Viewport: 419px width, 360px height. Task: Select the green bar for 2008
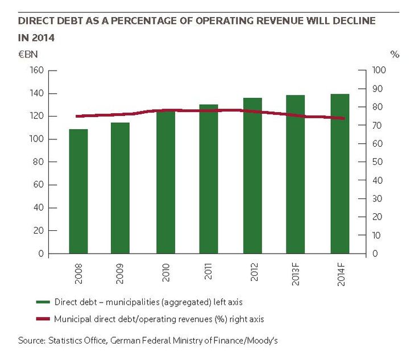tap(78, 191)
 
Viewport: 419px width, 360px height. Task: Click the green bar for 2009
tap(120, 188)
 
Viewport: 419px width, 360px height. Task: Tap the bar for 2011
tap(209, 179)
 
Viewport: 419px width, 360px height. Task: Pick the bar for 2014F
tap(340, 173)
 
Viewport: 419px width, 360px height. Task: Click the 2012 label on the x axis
tap(254, 272)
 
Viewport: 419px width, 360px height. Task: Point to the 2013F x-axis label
tap(296, 274)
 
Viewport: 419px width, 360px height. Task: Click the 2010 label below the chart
tap(166, 272)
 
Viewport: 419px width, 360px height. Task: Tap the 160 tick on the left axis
tap(36, 71)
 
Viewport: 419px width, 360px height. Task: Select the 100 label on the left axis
tap(36, 139)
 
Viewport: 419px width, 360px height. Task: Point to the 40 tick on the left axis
tap(39, 208)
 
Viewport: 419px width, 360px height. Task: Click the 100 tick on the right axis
tap(379, 70)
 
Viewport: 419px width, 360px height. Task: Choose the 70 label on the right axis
tap(377, 125)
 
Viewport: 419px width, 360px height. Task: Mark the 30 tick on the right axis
tap(377, 198)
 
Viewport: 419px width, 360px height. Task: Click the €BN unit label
tap(28, 55)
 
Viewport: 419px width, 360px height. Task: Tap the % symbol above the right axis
tap(395, 55)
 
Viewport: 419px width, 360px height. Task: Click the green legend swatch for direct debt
tap(43, 302)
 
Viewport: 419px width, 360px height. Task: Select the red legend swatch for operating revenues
tap(43, 319)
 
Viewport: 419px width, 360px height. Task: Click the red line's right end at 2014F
tap(344, 118)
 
